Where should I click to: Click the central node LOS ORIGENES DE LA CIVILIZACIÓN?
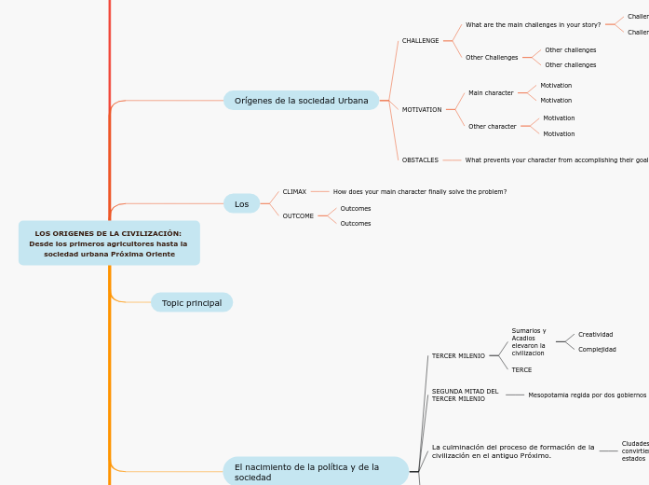[109, 243]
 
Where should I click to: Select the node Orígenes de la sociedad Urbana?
[301, 101]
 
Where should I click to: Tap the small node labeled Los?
[241, 203]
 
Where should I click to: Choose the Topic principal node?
[192, 302]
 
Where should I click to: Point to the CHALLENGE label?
[420, 41]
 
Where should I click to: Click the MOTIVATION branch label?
[422, 110]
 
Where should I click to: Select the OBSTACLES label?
[420, 160]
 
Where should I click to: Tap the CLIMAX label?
[294, 191]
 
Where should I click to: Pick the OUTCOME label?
[298, 216]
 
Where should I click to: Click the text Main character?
[491, 93]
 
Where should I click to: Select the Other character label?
[492, 127]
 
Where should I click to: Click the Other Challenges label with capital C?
[492, 58]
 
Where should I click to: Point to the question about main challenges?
[533, 25]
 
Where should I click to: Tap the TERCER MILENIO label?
[458, 355]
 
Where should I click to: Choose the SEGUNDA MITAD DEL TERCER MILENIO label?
[465, 395]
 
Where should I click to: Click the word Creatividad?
[595, 335]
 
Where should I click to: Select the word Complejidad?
[597, 350]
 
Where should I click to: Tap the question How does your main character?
[420, 191]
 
